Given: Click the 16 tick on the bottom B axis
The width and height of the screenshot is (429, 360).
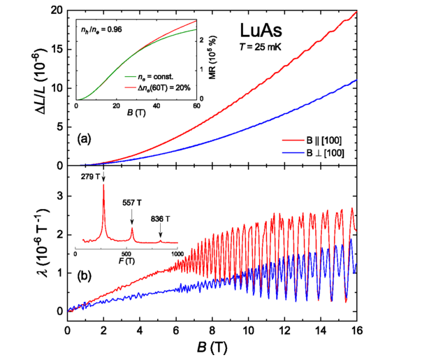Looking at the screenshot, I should click(x=357, y=329).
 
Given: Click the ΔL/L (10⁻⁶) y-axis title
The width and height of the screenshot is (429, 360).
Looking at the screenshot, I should click(x=33, y=89).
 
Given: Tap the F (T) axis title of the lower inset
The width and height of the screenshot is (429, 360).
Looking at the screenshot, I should click(x=126, y=266).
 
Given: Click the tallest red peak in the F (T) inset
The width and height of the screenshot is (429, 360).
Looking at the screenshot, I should click(x=103, y=186).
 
